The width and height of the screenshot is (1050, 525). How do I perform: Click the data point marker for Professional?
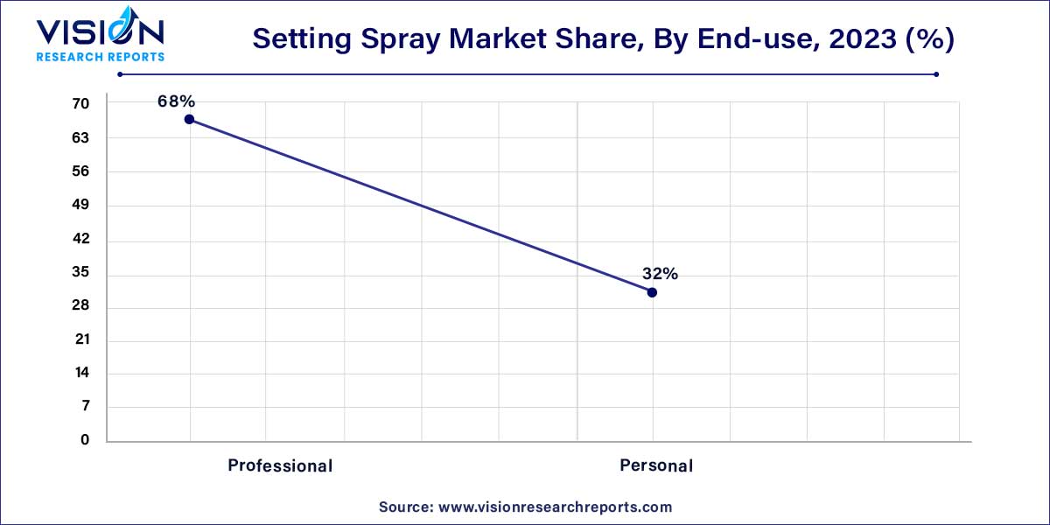[x=189, y=119]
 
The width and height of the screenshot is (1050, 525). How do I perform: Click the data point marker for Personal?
[x=652, y=292]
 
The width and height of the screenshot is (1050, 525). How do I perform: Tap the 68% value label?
[x=176, y=101]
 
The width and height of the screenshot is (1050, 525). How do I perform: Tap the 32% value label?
[x=659, y=274]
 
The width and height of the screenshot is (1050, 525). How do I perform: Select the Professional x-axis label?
[x=280, y=465]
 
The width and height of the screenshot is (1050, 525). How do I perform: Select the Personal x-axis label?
[x=656, y=465]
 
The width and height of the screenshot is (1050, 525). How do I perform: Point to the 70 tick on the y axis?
[x=80, y=104]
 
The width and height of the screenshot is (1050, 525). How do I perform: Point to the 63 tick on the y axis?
[x=80, y=138]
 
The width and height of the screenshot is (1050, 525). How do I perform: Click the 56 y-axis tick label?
[x=80, y=171]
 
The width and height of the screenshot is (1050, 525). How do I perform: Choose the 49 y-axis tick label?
[x=80, y=206]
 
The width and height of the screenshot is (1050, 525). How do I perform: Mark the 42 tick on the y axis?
[x=80, y=239]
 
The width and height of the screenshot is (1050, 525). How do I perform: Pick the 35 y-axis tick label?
[x=80, y=272]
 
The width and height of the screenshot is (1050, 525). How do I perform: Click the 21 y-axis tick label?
[x=80, y=339]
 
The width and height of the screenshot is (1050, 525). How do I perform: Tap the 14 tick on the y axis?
[x=80, y=373]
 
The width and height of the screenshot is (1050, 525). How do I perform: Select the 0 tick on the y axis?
[x=85, y=440]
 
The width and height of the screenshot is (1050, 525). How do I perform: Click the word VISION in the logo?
[x=99, y=32]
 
